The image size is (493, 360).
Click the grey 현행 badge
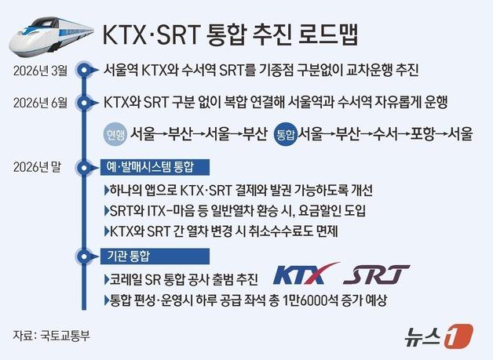116,133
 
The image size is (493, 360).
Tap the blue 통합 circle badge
286,133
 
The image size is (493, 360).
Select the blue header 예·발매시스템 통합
147,168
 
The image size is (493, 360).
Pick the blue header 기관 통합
130,256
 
